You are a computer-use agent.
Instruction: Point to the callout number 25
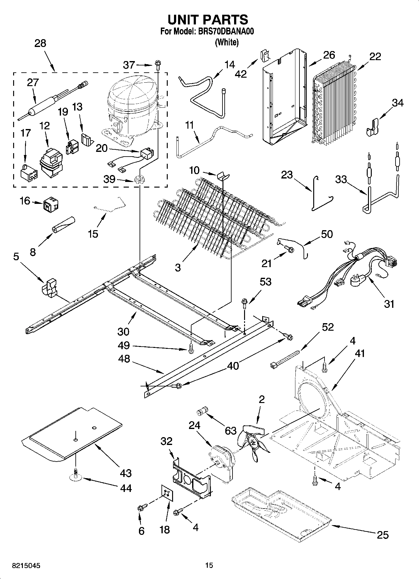tap(382, 535)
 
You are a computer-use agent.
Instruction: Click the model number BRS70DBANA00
tap(225, 32)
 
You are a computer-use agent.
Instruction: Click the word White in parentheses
tap(227, 42)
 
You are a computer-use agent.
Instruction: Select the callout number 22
tap(375, 57)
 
